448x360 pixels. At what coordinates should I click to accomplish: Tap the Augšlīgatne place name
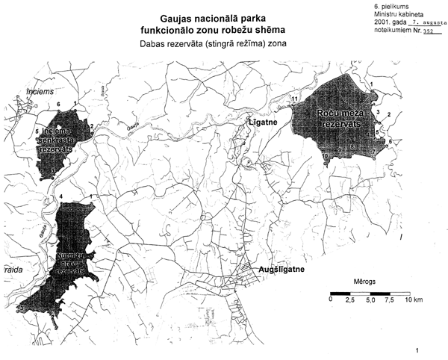point(281,267)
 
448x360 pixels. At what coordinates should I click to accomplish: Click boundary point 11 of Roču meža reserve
point(295,99)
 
